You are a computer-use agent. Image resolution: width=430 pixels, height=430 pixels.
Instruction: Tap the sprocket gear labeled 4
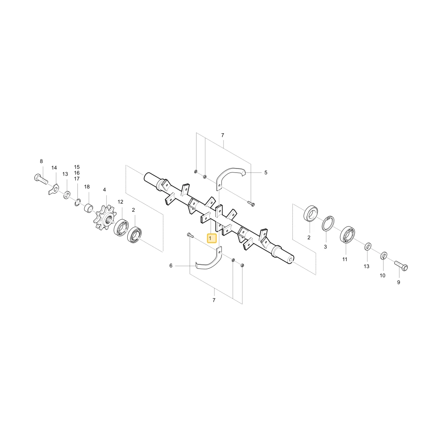click(x=105, y=217)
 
